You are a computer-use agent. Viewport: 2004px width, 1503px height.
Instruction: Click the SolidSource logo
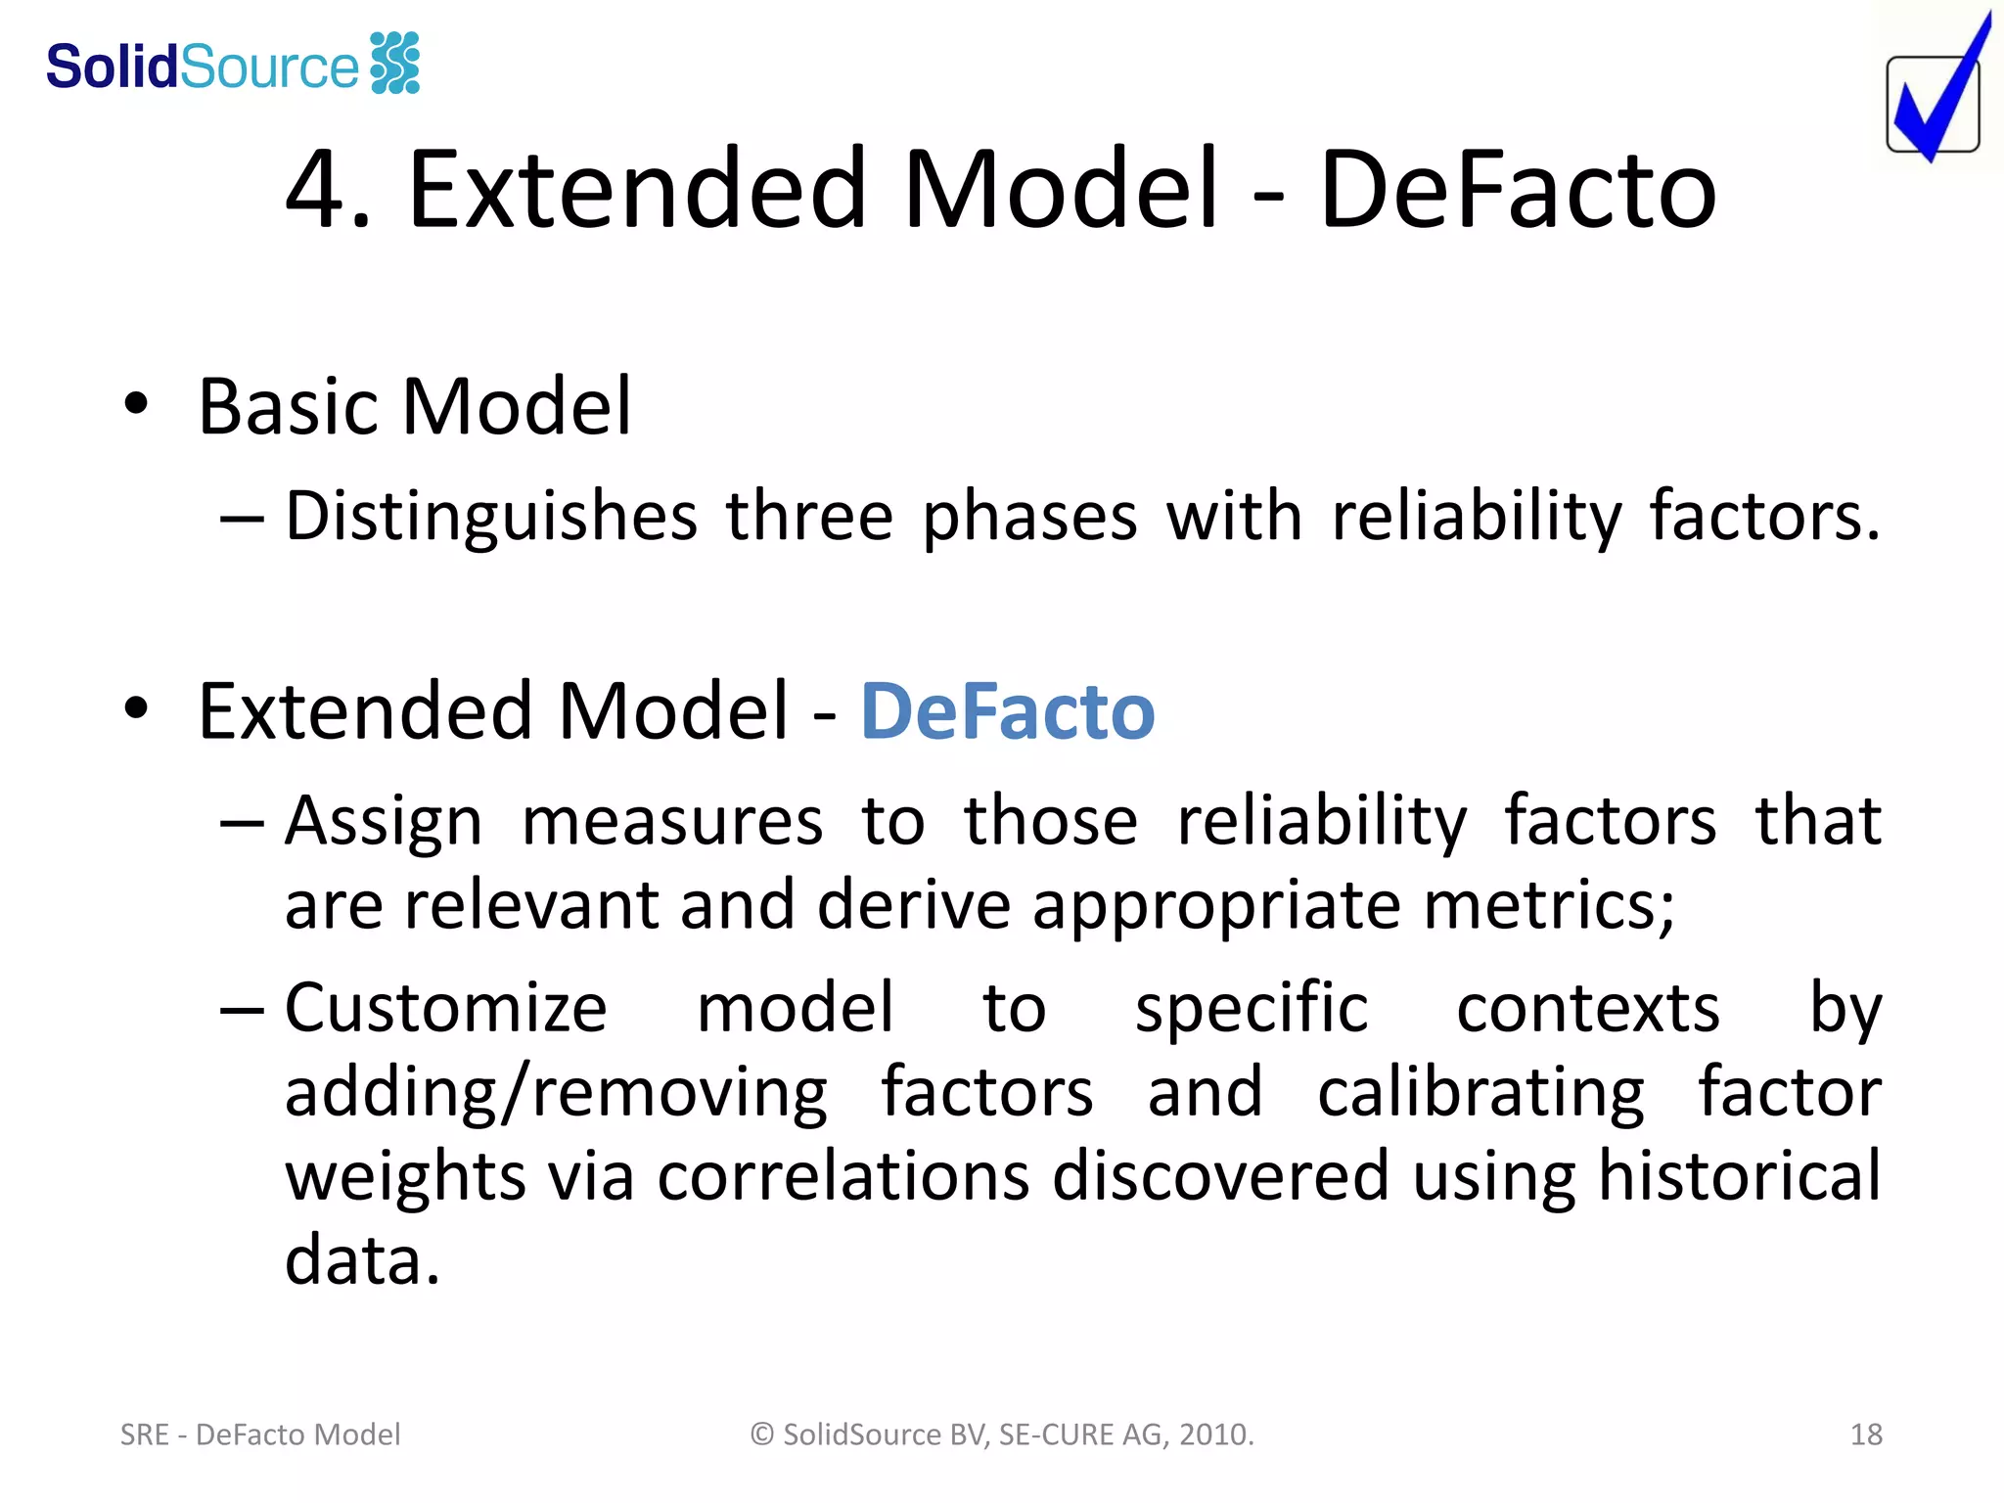click(233, 65)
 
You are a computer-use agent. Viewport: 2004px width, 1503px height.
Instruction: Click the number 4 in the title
click(317, 190)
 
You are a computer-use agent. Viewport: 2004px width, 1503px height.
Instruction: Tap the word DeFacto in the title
click(1518, 190)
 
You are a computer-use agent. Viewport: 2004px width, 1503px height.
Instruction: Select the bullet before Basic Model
click(136, 404)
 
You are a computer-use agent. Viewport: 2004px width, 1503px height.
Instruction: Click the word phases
click(1029, 517)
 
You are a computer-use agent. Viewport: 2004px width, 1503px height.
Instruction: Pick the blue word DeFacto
click(1007, 711)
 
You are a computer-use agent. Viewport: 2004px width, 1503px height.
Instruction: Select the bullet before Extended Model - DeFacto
click(136, 708)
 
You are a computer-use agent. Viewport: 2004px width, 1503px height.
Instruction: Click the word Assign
click(384, 821)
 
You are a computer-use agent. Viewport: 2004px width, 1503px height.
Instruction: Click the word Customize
click(446, 1008)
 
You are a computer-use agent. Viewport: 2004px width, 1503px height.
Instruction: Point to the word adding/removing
click(556, 1093)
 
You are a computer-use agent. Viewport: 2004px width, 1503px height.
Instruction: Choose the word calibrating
click(1480, 1093)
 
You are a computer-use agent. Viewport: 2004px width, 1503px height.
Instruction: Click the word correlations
click(843, 1176)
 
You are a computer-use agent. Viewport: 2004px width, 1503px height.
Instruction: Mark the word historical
click(1738, 1176)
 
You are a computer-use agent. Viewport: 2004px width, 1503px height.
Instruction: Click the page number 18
click(1866, 1435)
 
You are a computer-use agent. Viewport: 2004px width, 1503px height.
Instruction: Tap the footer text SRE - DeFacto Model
click(260, 1435)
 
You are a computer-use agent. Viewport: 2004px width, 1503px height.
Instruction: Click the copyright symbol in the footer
click(762, 1435)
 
